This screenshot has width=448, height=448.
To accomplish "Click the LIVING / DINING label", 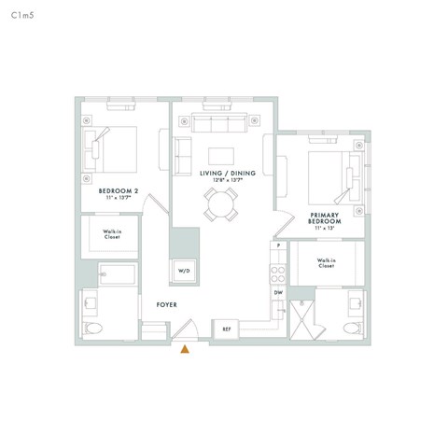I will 222,174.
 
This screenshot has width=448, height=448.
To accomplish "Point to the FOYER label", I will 167,305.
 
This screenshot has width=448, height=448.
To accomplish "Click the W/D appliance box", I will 183,271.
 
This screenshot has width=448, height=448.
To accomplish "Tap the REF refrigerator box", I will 226,329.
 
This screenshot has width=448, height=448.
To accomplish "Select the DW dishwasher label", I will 278,293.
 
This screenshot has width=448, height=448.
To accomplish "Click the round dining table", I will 222,203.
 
